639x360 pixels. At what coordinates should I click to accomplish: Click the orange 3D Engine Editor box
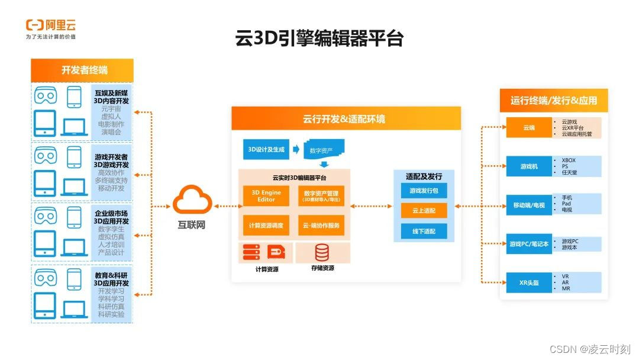coord(266,195)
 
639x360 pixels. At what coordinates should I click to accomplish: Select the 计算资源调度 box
coord(266,225)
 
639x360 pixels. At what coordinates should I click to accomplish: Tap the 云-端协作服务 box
coord(321,225)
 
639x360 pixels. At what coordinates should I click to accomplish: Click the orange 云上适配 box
coord(424,210)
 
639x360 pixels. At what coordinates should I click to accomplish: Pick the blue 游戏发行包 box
coord(424,191)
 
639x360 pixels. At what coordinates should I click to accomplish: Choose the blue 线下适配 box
coord(424,231)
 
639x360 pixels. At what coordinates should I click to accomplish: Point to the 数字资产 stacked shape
coord(323,150)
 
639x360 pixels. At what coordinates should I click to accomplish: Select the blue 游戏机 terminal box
coord(528,166)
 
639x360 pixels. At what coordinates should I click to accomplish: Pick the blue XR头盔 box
coord(528,282)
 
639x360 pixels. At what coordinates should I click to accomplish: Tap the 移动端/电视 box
coord(528,205)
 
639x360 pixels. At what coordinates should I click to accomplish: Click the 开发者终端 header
coord(82,70)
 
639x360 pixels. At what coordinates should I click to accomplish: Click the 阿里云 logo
coord(51,26)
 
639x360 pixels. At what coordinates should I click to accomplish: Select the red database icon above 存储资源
coord(322,253)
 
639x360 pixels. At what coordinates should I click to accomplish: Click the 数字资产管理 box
coord(321,195)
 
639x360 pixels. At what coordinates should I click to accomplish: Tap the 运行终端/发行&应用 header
coord(553,100)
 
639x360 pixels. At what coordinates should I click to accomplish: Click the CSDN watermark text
coord(589,349)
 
